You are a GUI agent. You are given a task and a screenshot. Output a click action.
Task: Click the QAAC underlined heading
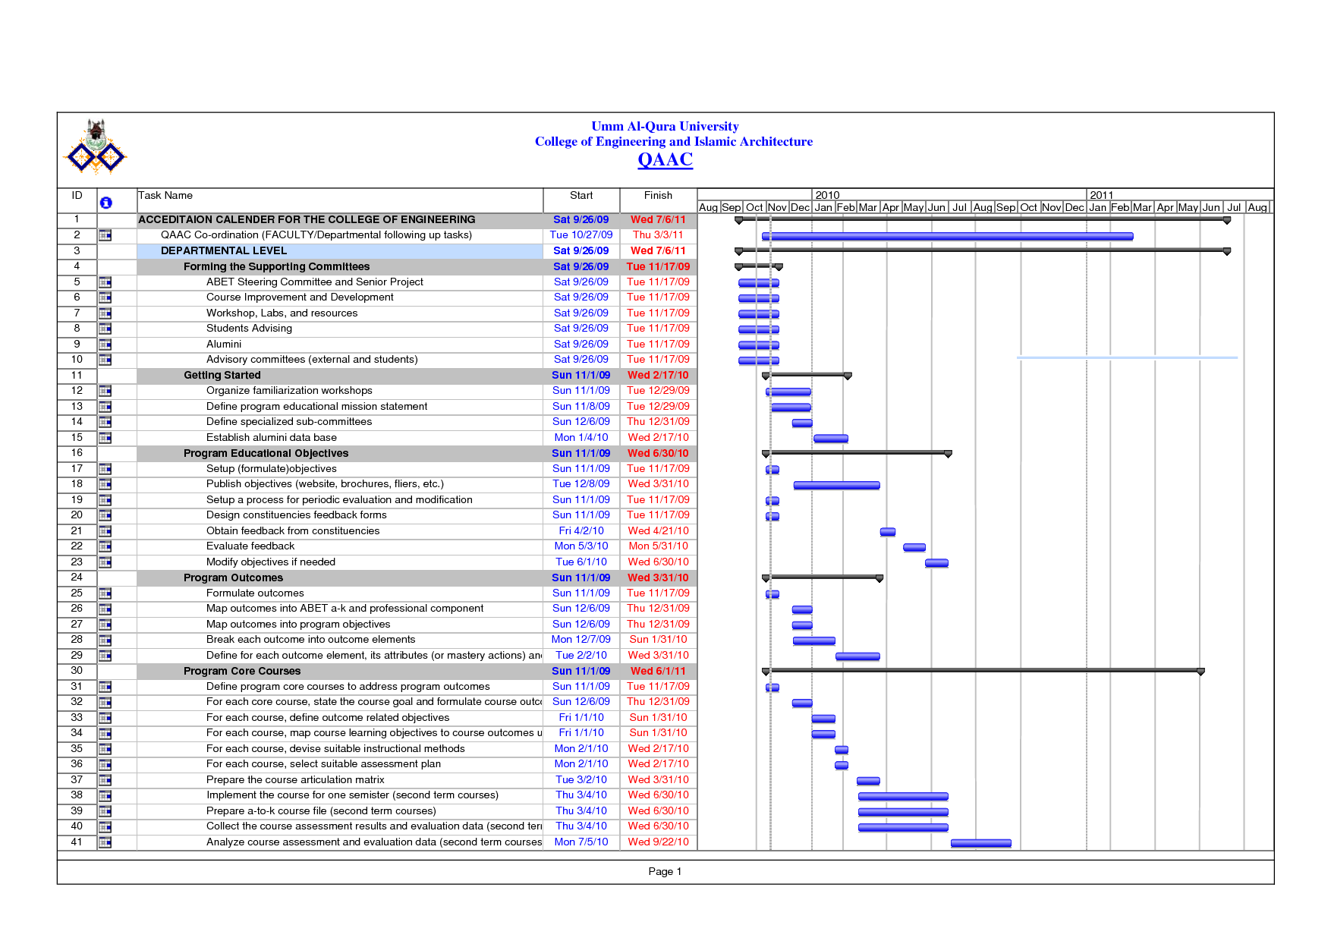[x=665, y=160]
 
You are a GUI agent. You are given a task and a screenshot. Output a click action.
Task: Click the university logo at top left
[x=95, y=146]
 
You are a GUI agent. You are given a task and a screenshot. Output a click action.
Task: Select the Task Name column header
[x=165, y=196]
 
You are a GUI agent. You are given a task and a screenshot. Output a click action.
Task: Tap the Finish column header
[x=658, y=196]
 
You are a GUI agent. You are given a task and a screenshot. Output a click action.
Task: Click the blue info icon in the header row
[x=105, y=203]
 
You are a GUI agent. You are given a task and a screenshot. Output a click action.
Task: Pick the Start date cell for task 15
[x=581, y=438]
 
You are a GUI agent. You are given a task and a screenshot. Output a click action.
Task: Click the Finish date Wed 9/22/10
[x=658, y=842]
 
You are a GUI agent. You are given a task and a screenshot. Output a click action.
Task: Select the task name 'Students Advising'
[x=249, y=329]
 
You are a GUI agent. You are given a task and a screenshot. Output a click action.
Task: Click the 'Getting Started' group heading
[x=222, y=376]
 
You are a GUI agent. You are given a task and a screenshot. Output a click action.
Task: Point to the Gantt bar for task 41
[x=980, y=843]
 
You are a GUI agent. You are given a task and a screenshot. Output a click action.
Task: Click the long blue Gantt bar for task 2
[x=949, y=237]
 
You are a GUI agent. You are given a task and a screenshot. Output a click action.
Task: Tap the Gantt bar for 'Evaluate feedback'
[x=914, y=547]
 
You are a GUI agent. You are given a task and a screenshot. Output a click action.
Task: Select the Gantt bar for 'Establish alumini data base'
[x=830, y=439]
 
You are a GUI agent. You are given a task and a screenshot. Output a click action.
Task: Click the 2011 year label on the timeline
[x=1101, y=196]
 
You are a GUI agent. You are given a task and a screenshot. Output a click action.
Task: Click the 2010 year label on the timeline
[x=827, y=196]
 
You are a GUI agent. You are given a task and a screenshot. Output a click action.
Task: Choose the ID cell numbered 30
[x=77, y=671]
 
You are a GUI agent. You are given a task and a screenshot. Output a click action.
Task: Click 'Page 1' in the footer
[x=665, y=872]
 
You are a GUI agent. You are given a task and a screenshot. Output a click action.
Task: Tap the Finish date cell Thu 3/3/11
[x=658, y=235]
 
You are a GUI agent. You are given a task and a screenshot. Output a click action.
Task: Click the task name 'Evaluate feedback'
[x=250, y=546]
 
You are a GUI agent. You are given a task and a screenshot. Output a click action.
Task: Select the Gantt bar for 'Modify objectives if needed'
[x=936, y=563]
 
